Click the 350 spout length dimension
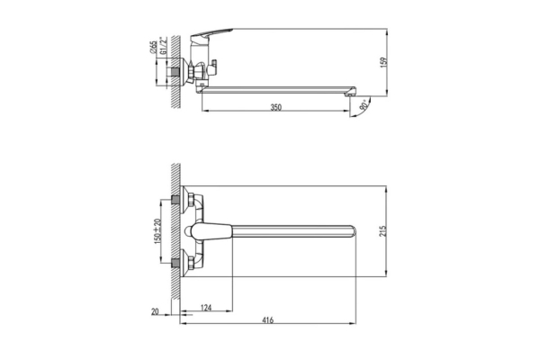pyautogui.click(x=276, y=107)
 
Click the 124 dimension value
pyautogui.click(x=206, y=309)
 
